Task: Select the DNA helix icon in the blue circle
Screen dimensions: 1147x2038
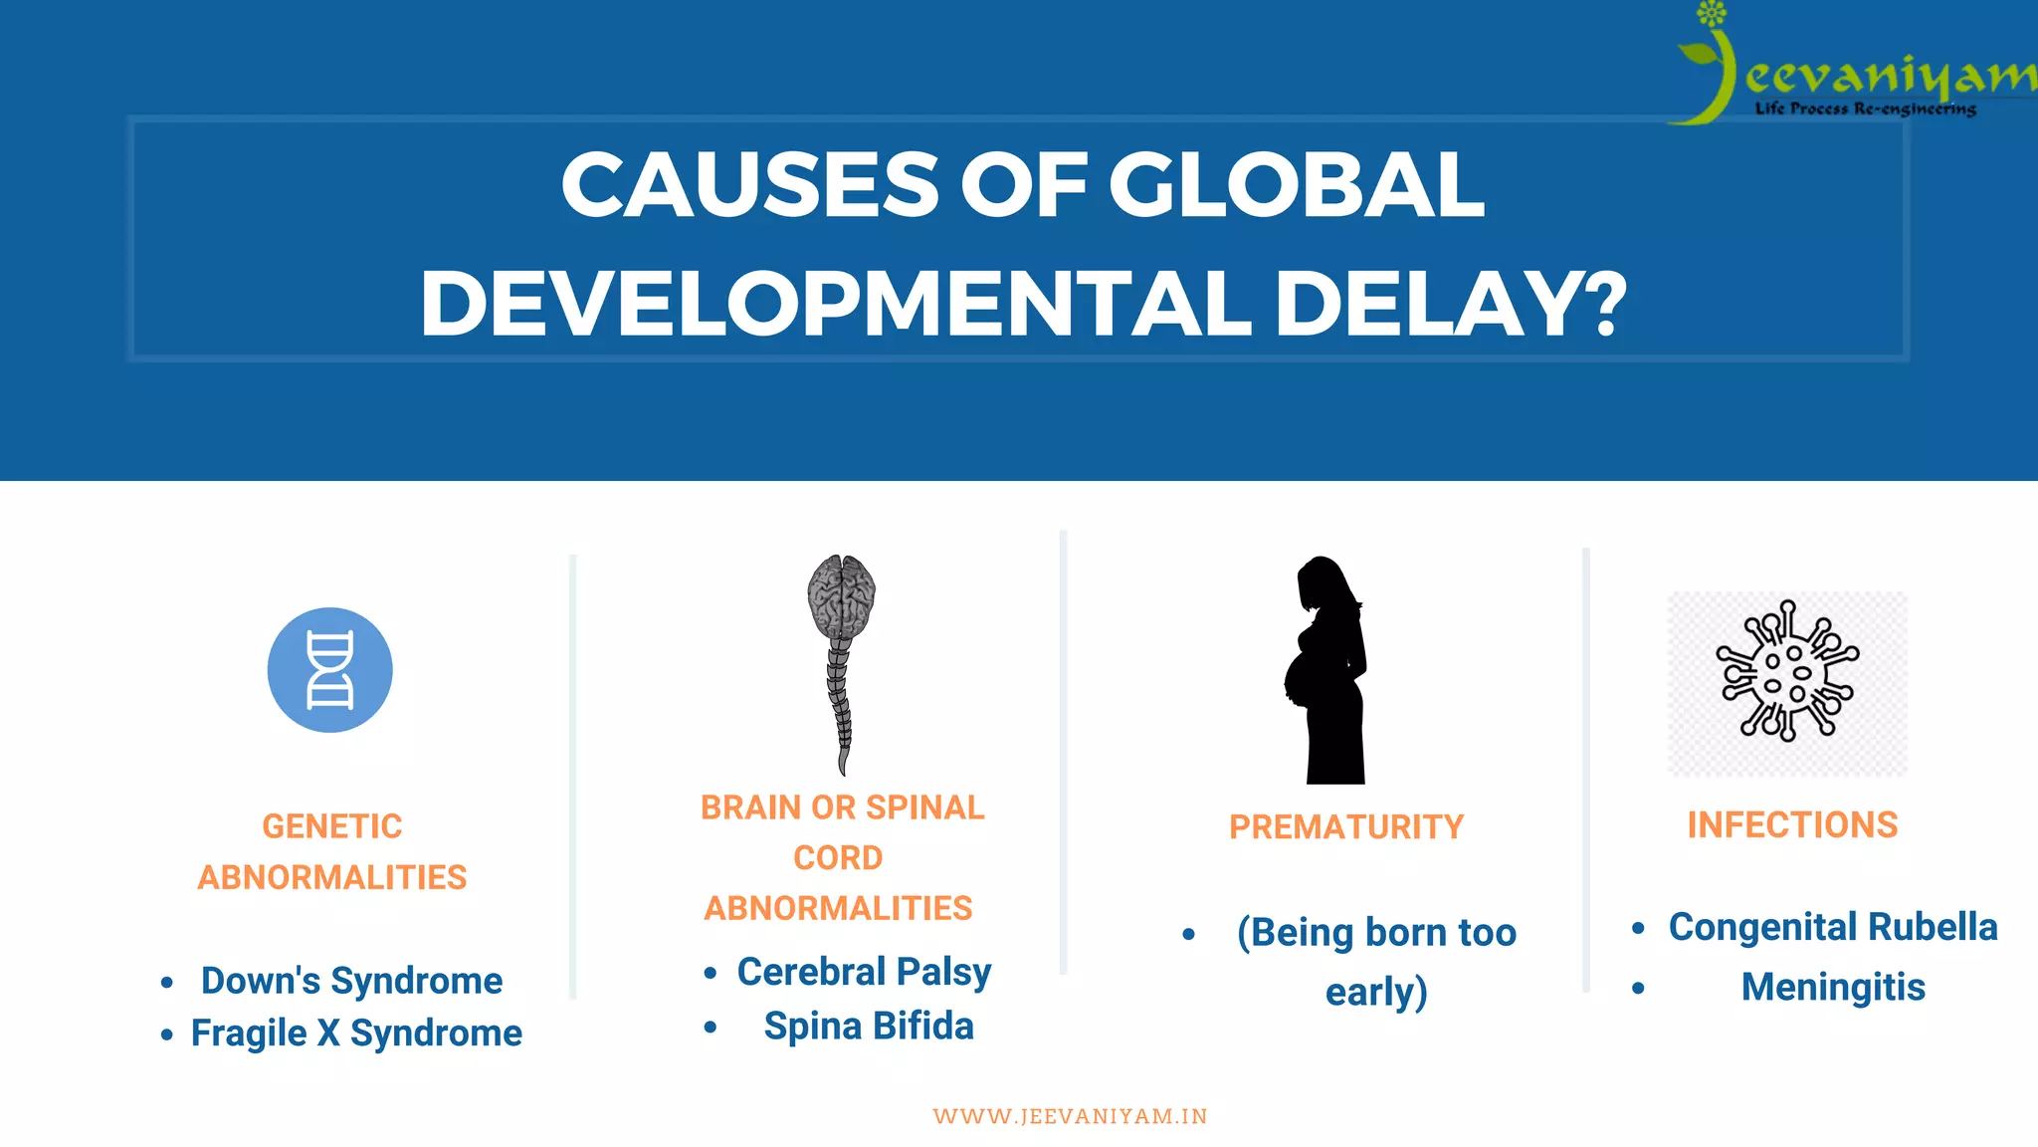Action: (x=329, y=670)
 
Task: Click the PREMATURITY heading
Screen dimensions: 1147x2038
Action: (x=1345, y=826)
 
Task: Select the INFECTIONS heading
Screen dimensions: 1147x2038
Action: (x=1792, y=824)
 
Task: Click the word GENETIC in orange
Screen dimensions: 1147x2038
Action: (x=331, y=825)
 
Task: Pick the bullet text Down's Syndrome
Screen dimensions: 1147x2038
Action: (x=351, y=980)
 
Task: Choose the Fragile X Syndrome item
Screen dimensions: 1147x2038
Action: (x=356, y=1032)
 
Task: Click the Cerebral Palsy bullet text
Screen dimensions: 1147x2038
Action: (x=864, y=972)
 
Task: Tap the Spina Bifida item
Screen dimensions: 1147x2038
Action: (x=869, y=1026)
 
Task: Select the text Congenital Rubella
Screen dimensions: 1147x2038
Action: (x=1832, y=926)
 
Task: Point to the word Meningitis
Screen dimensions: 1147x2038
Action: (x=1833, y=987)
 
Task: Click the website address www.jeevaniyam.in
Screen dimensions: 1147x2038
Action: (x=1070, y=1116)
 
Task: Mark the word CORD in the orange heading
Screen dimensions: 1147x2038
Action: (x=838, y=857)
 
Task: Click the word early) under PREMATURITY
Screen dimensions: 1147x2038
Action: (x=1376, y=992)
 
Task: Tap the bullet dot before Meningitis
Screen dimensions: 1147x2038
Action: (x=1638, y=989)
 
